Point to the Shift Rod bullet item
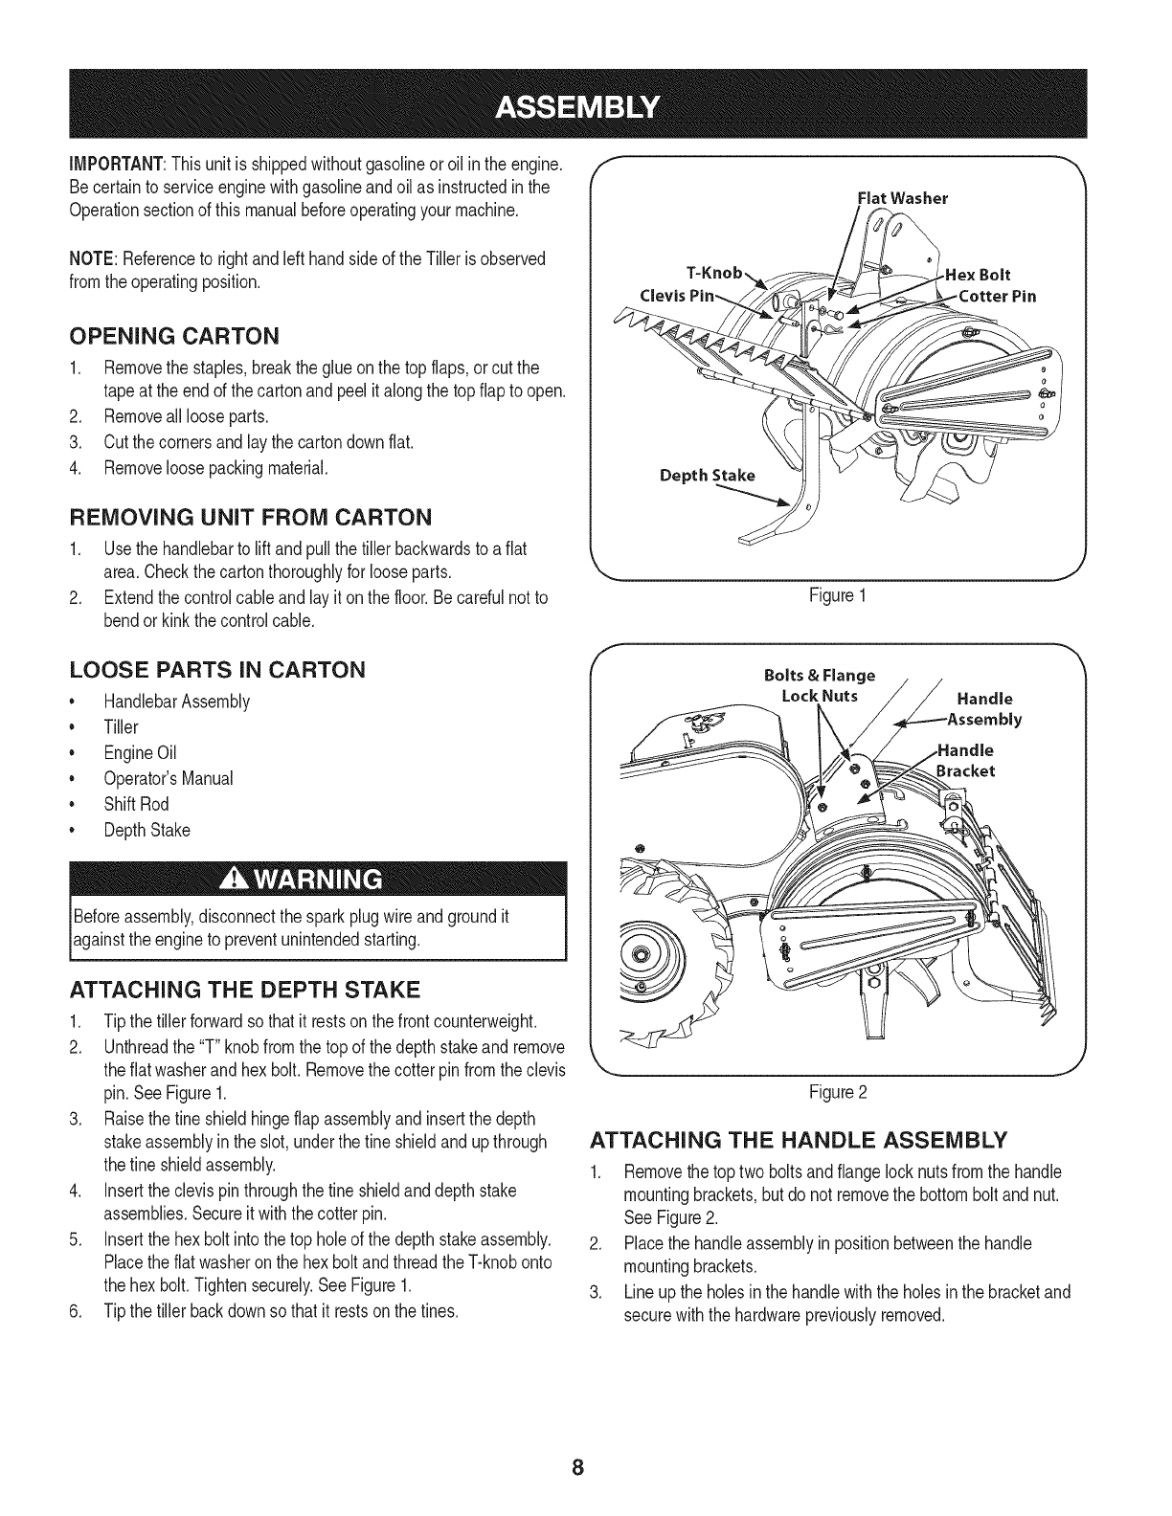(x=136, y=804)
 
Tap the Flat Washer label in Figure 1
(x=902, y=199)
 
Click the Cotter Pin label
(x=997, y=296)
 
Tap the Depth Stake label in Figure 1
(x=706, y=476)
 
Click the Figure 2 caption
(x=839, y=1092)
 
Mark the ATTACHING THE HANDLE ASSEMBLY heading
(x=797, y=1140)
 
